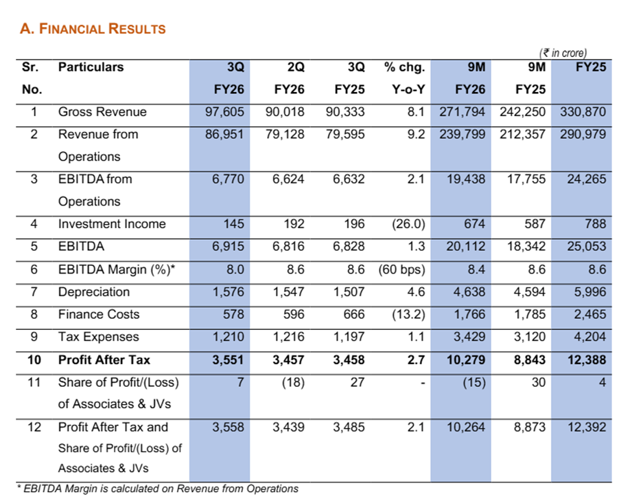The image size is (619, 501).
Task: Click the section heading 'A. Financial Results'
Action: (x=93, y=29)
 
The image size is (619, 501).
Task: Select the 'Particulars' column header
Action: (x=91, y=67)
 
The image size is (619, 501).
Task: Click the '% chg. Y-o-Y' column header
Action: (x=405, y=78)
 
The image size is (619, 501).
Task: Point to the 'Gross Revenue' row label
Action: (x=102, y=112)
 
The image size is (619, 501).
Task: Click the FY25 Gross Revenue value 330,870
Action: (x=583, y=112)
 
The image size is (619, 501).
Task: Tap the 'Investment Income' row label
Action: (x=112, y=224)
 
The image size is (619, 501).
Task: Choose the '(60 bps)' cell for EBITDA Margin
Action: (x=401, y=269)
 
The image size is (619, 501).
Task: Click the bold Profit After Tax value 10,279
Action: (x=466, y=360)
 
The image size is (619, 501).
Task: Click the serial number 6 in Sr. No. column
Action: (x=34, y=269)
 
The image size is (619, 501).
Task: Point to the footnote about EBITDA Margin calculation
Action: (x=157, y=489)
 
